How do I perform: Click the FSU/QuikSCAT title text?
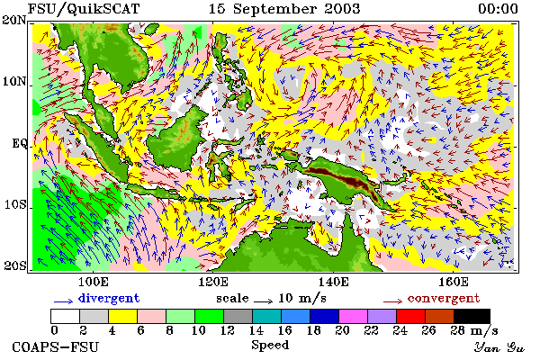point(84,9)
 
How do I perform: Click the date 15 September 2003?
point(284,9)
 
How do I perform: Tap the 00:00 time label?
point(498,9)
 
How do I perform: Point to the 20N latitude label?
point(14,21)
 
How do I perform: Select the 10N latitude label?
point(14,82)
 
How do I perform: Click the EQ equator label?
point(20,143)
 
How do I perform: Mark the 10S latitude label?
point(15,204)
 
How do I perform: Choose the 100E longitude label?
point(94,282)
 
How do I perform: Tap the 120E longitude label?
point(213,282)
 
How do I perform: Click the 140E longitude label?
point(333,282)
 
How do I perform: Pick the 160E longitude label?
point(454,282)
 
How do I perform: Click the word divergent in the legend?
point(109,298)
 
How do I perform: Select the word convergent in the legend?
point(444,298)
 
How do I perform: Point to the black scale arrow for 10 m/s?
point(264,301)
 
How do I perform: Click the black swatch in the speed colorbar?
point(472,316)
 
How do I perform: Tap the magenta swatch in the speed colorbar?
point(354,316)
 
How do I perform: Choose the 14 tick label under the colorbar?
point(256,330)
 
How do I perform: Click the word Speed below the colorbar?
point(270,346)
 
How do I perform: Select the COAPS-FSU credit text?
point(56,346)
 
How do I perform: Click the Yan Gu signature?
point(499,347)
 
